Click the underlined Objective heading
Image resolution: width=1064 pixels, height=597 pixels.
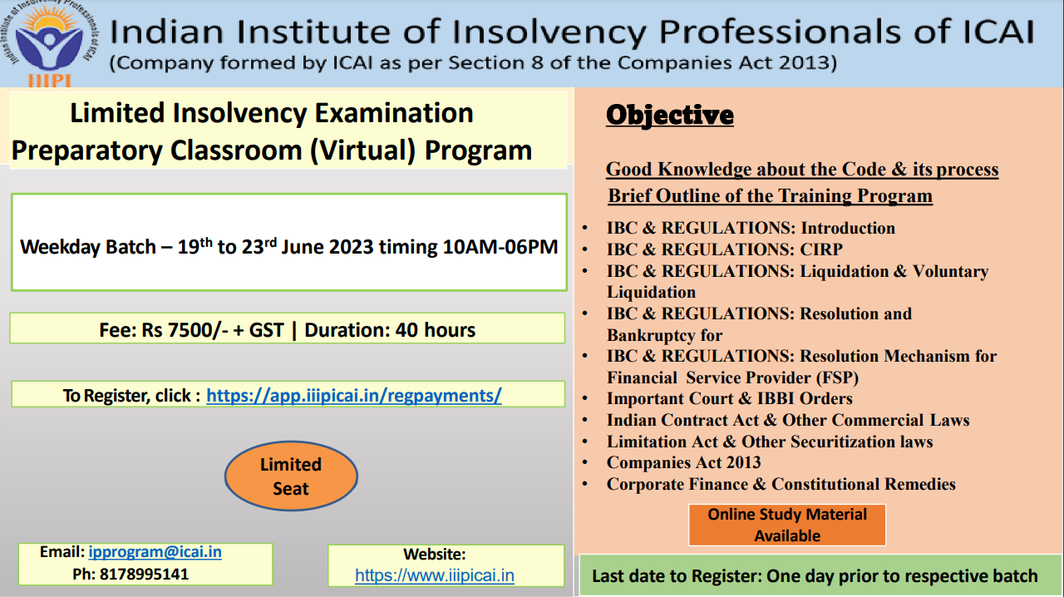(x=670, y=116)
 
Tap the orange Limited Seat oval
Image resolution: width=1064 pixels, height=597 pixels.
(x=291, y=476)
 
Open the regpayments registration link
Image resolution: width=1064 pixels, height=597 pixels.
(x=354, y=396)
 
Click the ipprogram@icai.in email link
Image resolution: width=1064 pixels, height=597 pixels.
(x=155, y=552)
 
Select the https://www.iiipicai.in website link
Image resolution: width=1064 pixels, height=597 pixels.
(x=435, y=575)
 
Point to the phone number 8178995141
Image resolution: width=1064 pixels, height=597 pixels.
(x=144, y=575)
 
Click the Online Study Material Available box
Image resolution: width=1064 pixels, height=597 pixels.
(x=787, y=525)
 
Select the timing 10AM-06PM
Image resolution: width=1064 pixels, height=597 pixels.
(x=500, y=247)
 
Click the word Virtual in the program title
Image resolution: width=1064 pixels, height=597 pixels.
(x=363, y=150)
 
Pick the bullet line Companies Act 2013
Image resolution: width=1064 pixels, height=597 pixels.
(x=683, y=462)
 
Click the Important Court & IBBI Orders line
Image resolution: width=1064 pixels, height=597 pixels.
(x=729, y=398)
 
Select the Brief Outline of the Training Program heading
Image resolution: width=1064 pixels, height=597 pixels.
(x=770, y=196)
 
